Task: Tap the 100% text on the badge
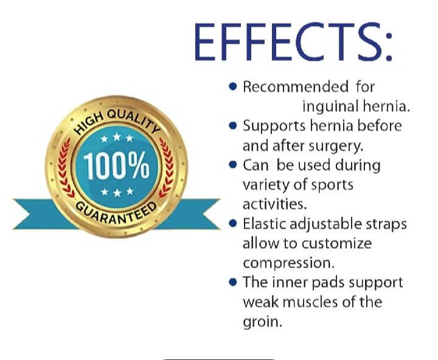(x=116, y=166)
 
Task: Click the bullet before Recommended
(x=232, y=87)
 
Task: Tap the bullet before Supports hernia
(x=232, y=126)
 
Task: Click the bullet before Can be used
(x=232, y=165)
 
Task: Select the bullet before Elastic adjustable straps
(x=232, y=224)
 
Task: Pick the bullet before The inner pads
(x=232, y=282)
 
